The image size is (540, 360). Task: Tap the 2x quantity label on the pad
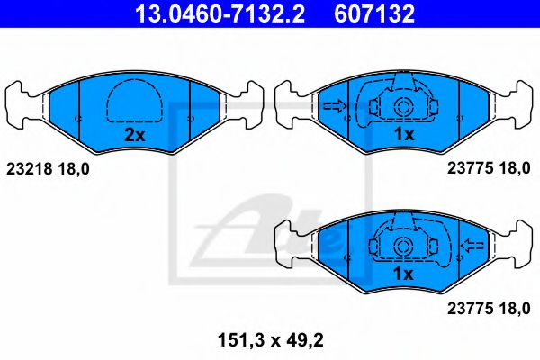133,135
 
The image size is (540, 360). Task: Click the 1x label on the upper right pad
403,135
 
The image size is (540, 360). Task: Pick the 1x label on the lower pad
402,273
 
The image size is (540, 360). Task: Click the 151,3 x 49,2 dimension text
269,339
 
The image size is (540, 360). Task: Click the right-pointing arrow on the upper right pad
334,106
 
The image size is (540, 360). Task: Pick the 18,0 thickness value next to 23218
76,167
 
